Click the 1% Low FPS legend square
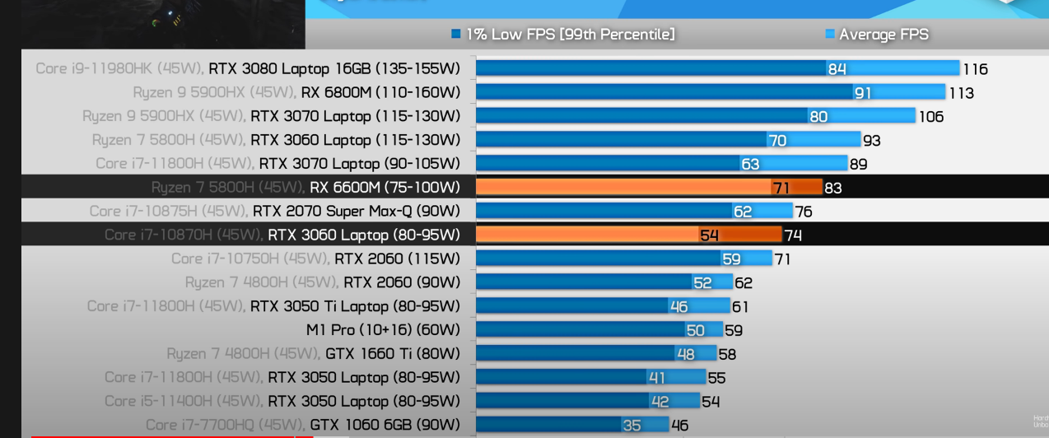(455, 34)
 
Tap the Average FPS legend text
(883, 34)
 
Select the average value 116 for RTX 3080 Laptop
(975, 69)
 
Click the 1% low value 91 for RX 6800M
(862, 93)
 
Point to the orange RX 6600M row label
(385, 188)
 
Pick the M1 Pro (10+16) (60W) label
(383, 330)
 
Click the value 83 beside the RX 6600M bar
(833, 188)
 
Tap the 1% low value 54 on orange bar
(709, 235)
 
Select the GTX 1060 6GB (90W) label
(385, 425)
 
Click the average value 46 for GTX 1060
(680, 426)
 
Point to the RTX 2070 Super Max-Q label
(356, 212)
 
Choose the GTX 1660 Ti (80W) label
(392, 354)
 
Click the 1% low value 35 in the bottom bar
(632, 426)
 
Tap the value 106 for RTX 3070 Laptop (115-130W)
(930, 117)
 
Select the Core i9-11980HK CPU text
(119, 68)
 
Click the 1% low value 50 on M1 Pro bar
(695, 330)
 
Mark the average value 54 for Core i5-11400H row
(710, 402)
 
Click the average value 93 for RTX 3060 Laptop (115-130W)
(871, 141)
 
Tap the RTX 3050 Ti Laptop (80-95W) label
(355, 306)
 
